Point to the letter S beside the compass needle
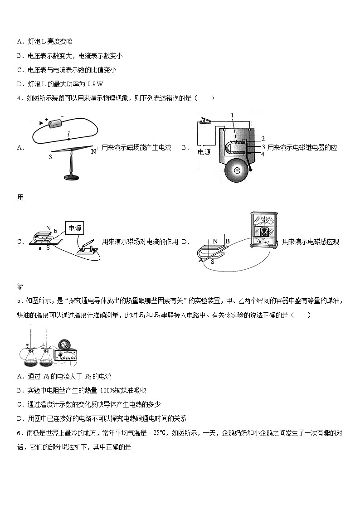click(x=50, y=157)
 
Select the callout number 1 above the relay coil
click(x=232, y=116)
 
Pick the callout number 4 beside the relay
click(x=263, y=154)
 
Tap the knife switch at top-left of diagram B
click(x=204, y=121)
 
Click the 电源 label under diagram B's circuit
click(x=204, y=152)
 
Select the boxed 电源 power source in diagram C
click(x=74, y=229)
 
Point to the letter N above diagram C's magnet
click(x=48, y=228)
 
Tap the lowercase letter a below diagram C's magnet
click(x=40, y=248)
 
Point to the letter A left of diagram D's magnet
click(x=200, y=260)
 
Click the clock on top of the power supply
click(x=64, y=344)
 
